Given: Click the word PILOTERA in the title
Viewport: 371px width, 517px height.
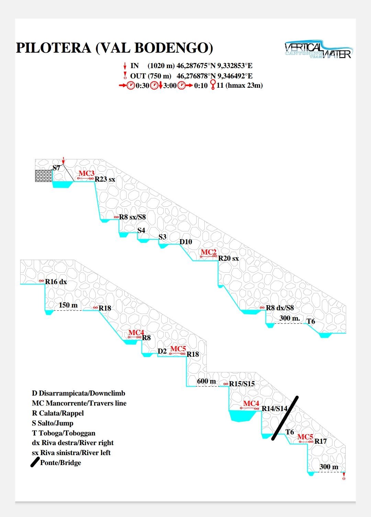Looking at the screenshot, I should click(x=54, y=48).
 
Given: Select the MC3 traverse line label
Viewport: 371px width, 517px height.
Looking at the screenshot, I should click(x=86, y=173).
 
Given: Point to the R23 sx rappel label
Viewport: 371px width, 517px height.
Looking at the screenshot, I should click(x=105, y=179).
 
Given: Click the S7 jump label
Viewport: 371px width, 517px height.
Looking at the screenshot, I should click(x=56, y=168).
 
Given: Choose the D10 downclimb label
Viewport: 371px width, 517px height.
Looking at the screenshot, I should click(x=186, y=242).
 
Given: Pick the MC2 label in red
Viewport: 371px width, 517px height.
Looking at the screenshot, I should click(x=209, y=252).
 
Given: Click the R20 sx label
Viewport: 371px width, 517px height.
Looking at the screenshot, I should click(x=228, y=258).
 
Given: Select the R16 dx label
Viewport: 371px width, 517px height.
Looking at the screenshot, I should click(x=56, y=282).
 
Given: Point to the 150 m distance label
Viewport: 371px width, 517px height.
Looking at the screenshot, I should click(x=68, y=305).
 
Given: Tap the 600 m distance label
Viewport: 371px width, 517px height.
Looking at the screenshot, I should click(x=206, y=381).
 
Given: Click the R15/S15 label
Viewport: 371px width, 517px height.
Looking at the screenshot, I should click(x=242, y=384).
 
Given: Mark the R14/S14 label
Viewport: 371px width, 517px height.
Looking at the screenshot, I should click(x=274, y=409).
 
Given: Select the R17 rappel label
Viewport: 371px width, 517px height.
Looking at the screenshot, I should click(x=321, y=441).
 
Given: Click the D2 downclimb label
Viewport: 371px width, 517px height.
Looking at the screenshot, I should click(x=162, y=351).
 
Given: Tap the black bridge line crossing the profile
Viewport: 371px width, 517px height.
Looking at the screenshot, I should click(x=285, y=418).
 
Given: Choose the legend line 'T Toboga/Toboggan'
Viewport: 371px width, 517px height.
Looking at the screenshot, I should click(x=64, y=433).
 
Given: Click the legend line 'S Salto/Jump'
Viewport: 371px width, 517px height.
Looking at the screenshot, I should click(x=53, y=423).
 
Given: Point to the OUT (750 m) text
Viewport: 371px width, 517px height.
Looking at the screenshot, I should click(x=150, y=76).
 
